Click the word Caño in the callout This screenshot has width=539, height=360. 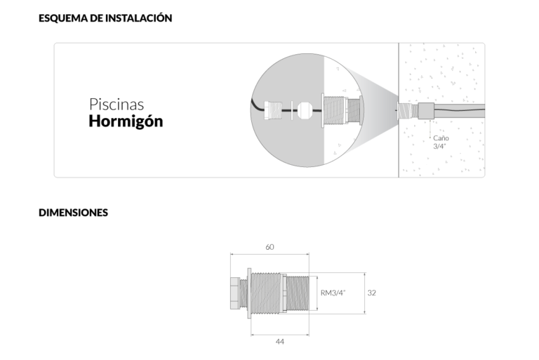pyautogui.click(x=440, y=139)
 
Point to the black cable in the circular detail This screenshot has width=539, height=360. pyautogui.click(x=258, y=106)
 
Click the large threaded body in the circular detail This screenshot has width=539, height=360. pyautogui.click(x=338, y=112)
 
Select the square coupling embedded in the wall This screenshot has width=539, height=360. pyautogui.click(x=426, y=111)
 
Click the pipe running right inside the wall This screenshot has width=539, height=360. pyautogui.click(x=460, y=111)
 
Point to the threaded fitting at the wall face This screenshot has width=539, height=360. pyautogui.click(x=407, y=111)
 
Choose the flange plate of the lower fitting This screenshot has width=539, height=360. pyautogui.click(x=248, y=293)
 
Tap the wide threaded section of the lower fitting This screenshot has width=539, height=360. pyautogui.click(x=267, y=293)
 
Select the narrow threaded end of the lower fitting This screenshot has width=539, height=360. pyautogui.click(x=298, y=293)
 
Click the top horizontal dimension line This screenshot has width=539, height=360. pyautogui.click(x=269, y=254)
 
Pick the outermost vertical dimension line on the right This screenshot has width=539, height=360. pyautogui.click(x=365, y=293)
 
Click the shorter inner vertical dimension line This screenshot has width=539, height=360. pyautogui.click(x=318, y=293)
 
